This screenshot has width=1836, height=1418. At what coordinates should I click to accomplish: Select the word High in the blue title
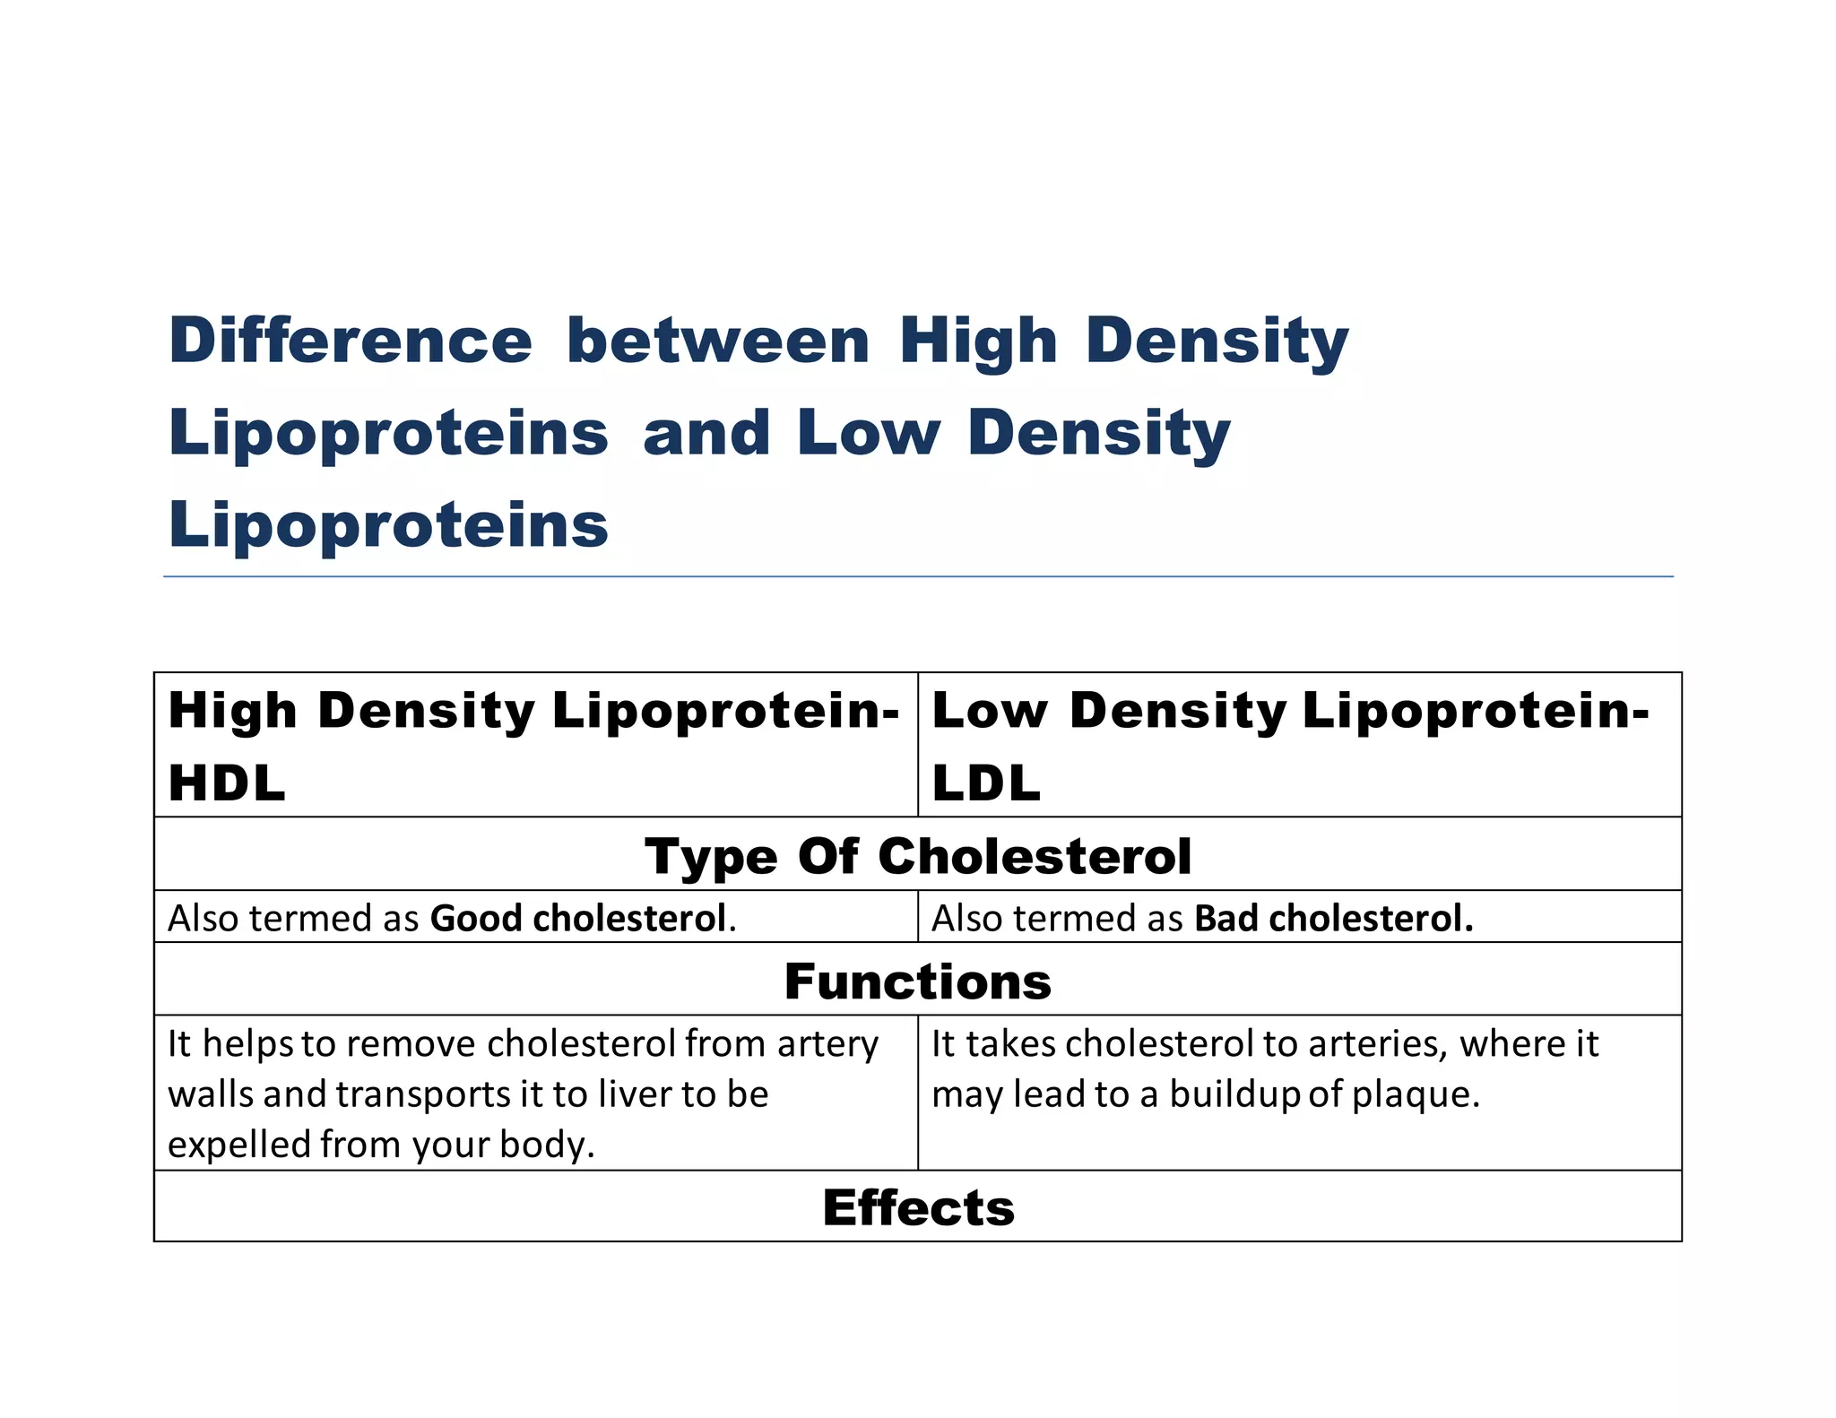[979, 342]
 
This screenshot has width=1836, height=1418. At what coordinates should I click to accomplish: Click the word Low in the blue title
[868, 433]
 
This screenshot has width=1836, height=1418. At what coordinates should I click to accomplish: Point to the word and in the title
[706, 433]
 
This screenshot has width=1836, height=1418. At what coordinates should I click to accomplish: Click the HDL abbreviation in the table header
[227, 782]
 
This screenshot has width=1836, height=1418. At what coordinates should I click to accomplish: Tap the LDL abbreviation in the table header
[986, 782]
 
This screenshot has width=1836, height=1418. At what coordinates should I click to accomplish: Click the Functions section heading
[918, 981]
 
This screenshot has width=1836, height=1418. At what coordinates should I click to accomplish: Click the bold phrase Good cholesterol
[578, 918]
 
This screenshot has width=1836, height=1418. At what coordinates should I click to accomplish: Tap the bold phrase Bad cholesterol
[1334, 918]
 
